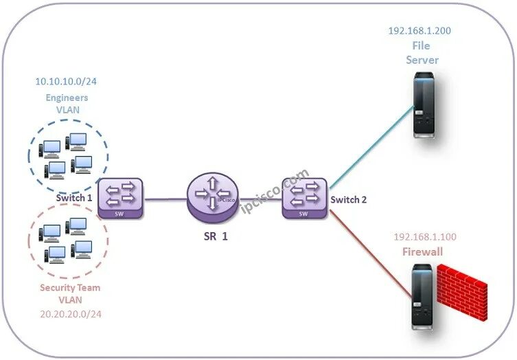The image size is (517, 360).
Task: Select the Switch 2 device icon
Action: point(305,198)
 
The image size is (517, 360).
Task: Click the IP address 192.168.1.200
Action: point(420,31)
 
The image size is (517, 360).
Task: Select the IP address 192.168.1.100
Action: point(425,237)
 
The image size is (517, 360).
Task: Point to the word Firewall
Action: point(422,251)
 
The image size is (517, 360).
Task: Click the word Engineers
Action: point(66,98)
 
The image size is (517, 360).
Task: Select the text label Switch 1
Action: point(74,198)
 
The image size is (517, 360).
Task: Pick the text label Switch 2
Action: point(349,200)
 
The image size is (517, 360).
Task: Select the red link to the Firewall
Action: point(371,240)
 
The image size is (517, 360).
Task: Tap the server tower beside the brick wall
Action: point(422,296)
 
